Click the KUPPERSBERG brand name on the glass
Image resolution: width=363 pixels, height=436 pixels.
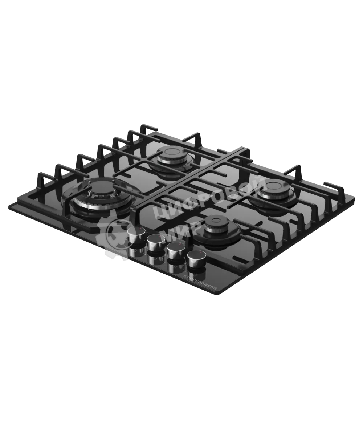(200, 282)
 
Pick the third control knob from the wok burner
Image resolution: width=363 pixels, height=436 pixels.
(175, 250)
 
